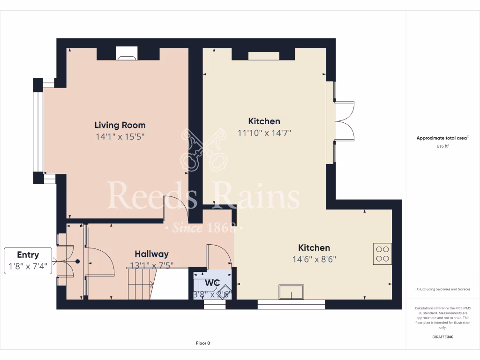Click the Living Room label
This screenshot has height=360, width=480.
[x=120, y=125]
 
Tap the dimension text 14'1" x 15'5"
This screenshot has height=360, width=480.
[x=120, y=137]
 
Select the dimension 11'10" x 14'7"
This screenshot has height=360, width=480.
[x=264, y=133]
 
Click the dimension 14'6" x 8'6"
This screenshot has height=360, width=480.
[x=315, y=259]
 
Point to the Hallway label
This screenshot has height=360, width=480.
[x=151, y=254]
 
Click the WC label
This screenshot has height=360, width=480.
[x=212, y=283]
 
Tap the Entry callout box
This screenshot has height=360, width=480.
[x=28, y=261]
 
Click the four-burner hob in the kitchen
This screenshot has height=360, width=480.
[x=382, y=254]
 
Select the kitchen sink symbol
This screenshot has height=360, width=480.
[x=291, y=292]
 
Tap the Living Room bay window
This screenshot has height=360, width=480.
[x=37, y=131]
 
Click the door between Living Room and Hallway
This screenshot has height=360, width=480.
[x=175, y=209]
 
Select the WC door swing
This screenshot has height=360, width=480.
[x=219, y=256]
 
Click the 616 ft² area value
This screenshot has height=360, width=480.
[x=442, y=146]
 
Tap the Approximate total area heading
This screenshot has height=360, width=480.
[x=442, y=138]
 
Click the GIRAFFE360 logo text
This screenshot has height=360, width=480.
[x=442, y=337]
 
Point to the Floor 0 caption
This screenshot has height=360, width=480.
[x=202, y=343]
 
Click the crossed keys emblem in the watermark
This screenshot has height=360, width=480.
[x=203, y=151]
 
